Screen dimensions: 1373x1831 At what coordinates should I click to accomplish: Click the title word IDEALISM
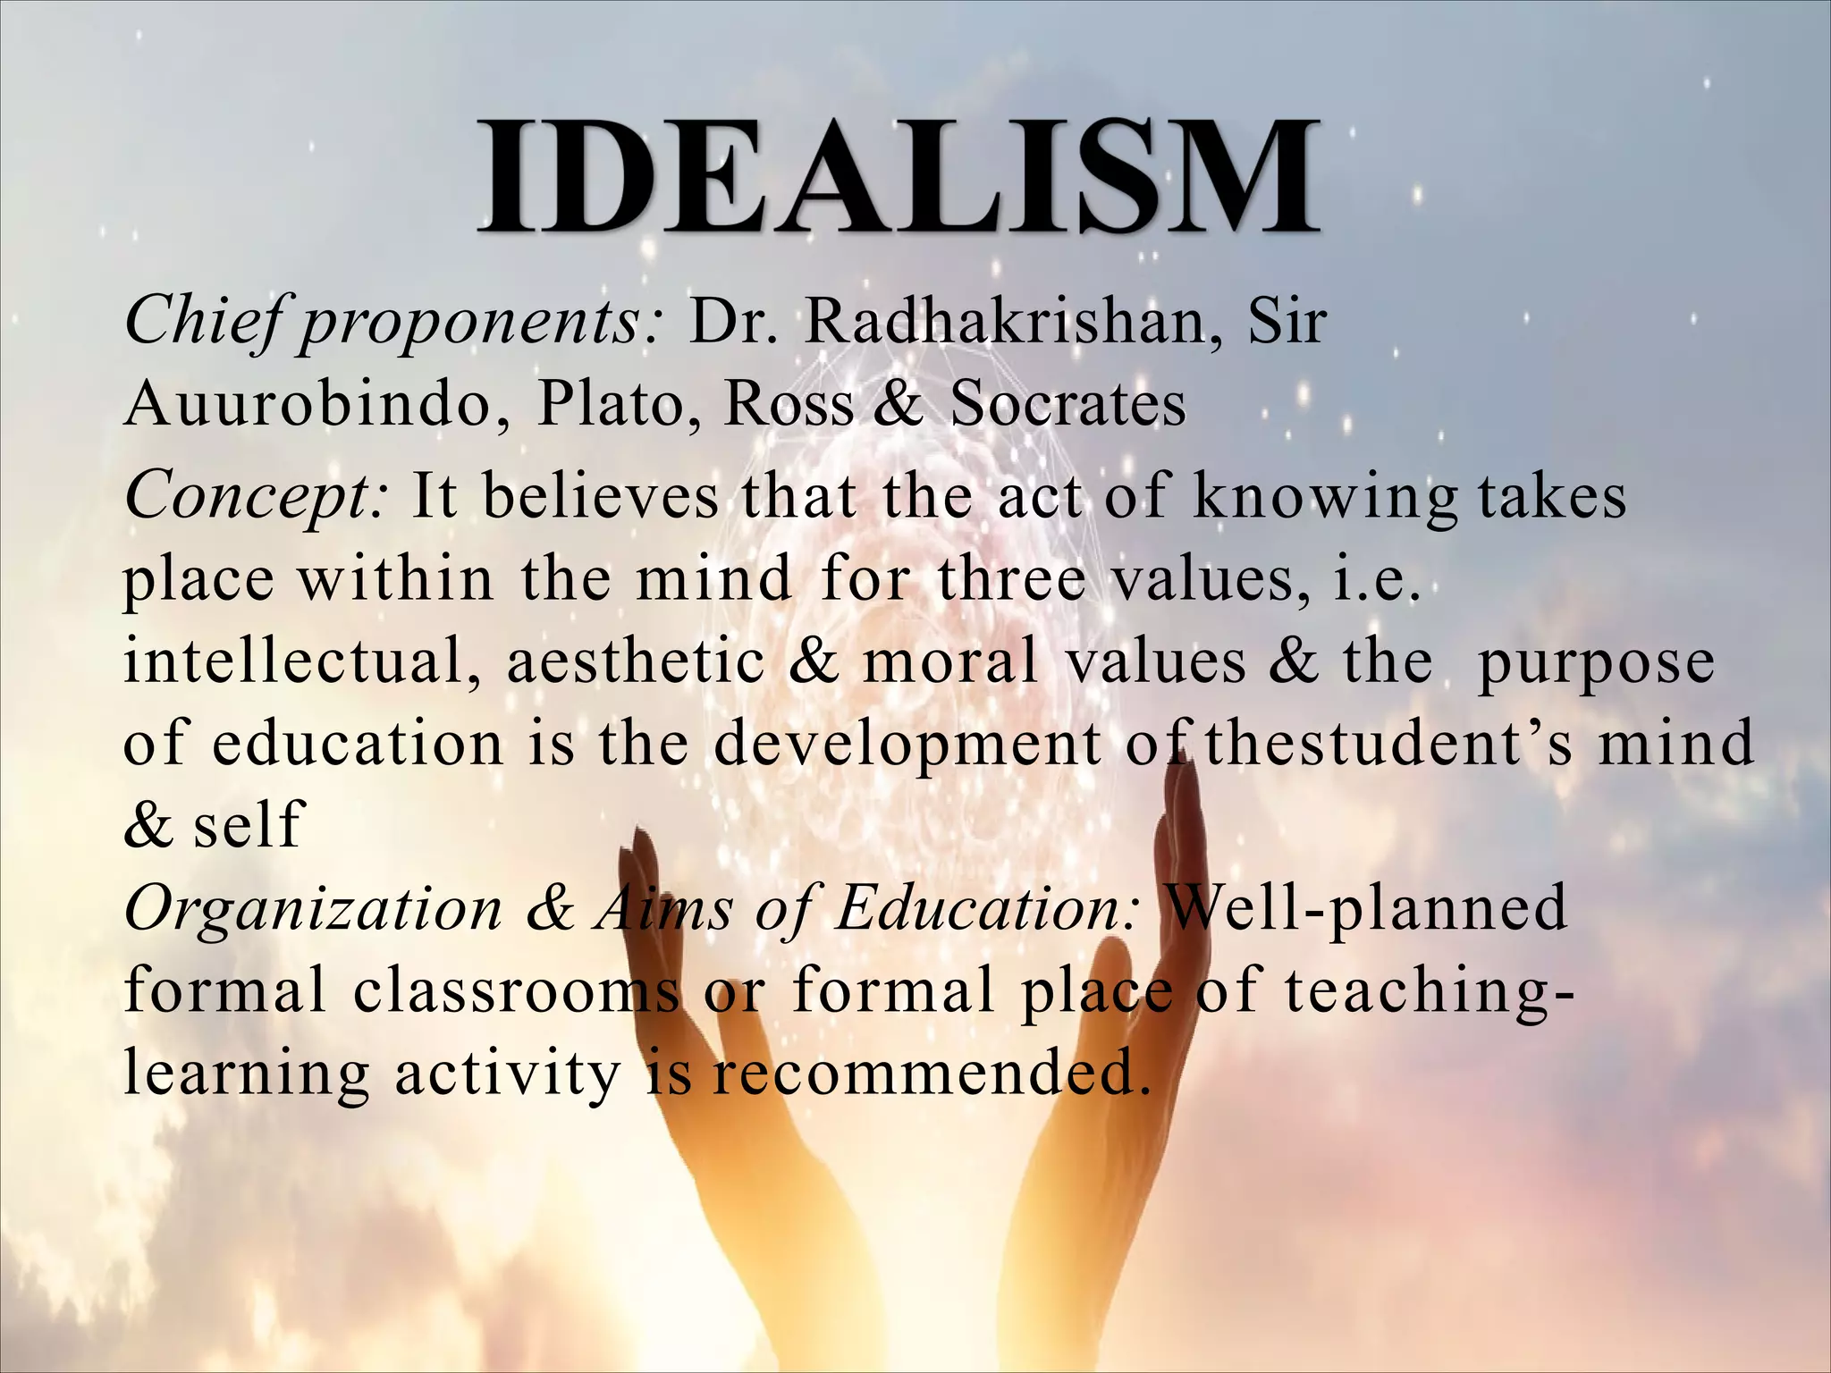coord(898,176)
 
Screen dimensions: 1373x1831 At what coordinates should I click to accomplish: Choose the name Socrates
coord(1067,403)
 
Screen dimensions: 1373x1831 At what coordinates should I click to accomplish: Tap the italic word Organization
coord(314,910)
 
